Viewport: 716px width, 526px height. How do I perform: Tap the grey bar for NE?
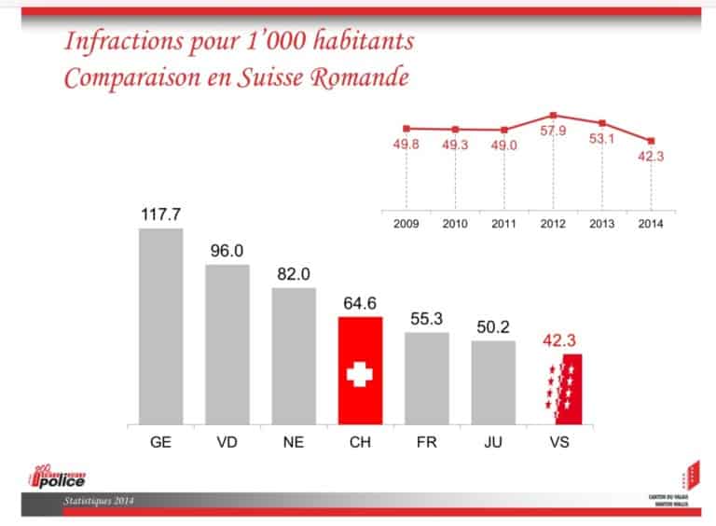[x=294, y=354]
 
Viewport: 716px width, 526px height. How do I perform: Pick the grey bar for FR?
[x=426, y=377]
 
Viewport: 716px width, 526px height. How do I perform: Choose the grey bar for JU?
[x=493, y=381]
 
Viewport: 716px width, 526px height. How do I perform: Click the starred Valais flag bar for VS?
[x=559, y=388]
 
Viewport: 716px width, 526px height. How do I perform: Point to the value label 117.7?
[x=160, y=215]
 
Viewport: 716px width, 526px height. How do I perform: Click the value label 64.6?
[x=360, y=303]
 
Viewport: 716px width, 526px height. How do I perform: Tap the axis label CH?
[x=360, y=441]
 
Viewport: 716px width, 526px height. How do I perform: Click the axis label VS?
[x=559, y=441]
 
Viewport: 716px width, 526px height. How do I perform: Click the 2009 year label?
[x=406, y=224]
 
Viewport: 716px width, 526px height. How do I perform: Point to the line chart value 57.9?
[x=553, y=131]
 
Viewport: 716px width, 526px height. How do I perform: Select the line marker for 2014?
[x=651, y=141]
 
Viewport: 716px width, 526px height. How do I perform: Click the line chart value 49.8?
[x=406, y=145]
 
